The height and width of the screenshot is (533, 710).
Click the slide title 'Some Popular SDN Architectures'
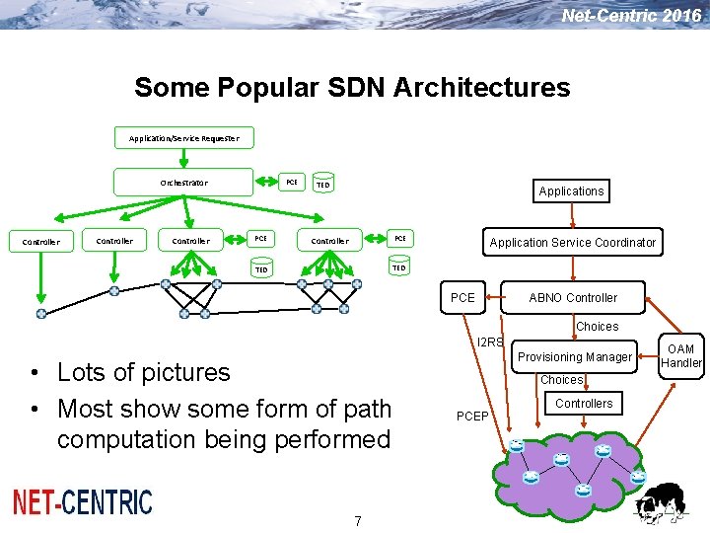(x=352, y=87)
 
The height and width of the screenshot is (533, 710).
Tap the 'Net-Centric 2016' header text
(x=631, y=15)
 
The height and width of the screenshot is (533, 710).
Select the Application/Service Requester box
(x=183, y=138)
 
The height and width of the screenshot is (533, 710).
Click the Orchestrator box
(x=183, y=183)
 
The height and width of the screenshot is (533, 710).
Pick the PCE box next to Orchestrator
(x=291, y=183)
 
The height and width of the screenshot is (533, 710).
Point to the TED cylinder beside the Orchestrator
(x=322, y=185)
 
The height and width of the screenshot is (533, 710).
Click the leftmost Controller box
(x=40, y=241)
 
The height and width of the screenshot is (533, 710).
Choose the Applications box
(x=571, y=190)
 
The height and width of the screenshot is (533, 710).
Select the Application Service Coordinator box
(x=572, y=242)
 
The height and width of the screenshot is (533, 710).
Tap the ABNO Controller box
(x=573, y=297)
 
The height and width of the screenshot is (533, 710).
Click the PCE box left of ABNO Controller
(x=462, y=297)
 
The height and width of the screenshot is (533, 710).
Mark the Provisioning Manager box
(x=575, y=356)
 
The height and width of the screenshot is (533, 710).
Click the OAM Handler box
(x=680, y=356)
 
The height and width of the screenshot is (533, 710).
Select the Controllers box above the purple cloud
(x=584, y=403)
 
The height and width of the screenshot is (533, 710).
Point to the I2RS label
(x=490, y=343)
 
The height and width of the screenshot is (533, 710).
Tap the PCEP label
(x=472, y=416)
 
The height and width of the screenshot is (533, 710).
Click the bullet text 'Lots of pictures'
(x=143, y=372)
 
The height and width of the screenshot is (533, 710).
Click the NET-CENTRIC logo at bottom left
(x=83, y=502)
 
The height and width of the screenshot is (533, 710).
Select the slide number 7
(x=358, y=520)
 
